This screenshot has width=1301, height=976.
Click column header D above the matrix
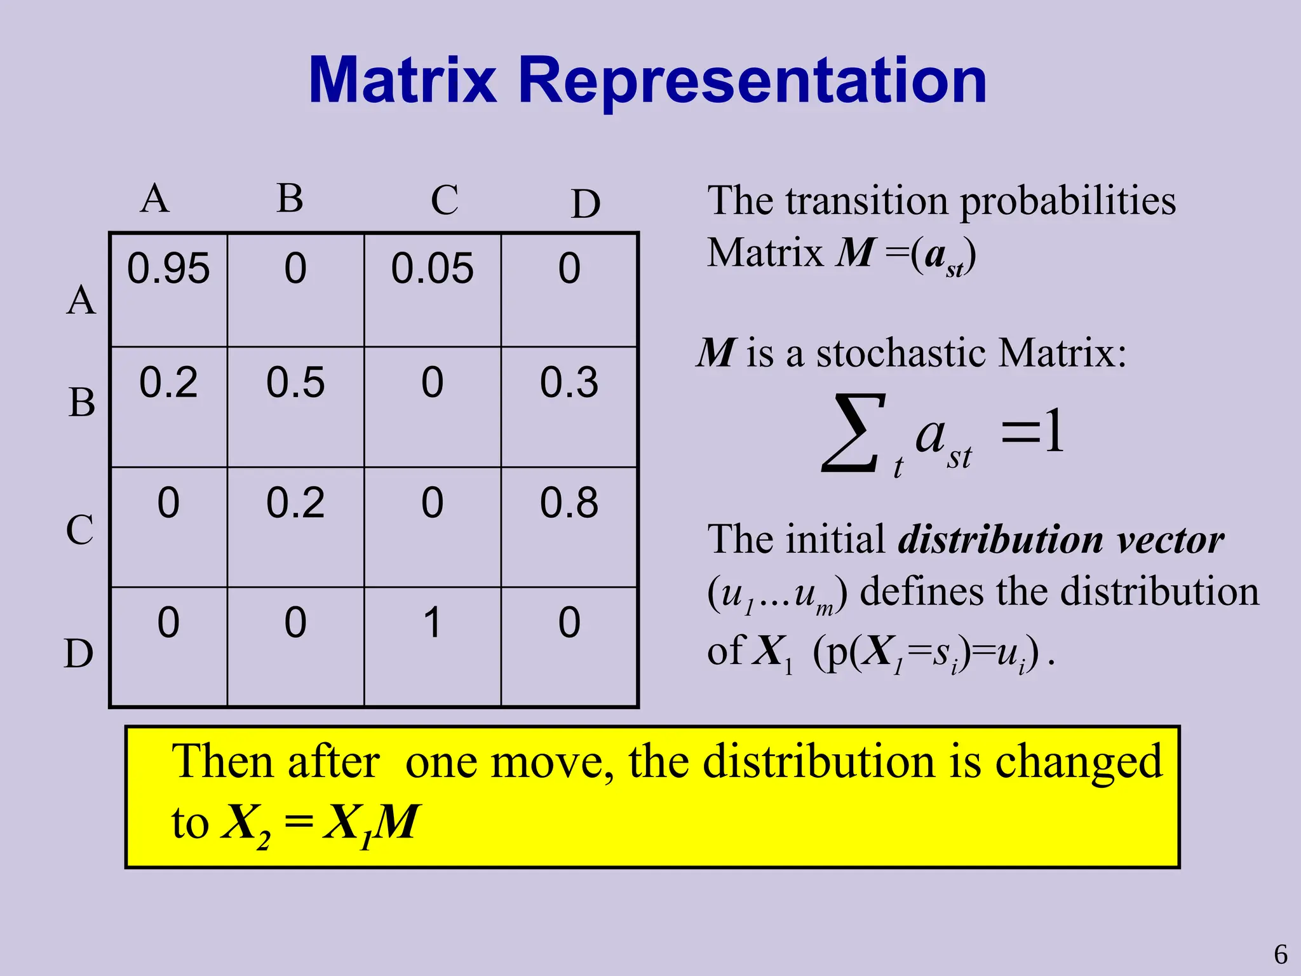(585, 205)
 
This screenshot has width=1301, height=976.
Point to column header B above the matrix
(290, 198)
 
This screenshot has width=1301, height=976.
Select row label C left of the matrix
(80, 529)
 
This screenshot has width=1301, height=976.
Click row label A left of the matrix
(81, 300)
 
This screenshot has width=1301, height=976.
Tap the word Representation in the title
(752, 81)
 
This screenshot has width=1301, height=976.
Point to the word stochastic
(901, 353)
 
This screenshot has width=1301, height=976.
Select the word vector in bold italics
(1170, 540)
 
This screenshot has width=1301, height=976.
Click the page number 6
(1281, 955)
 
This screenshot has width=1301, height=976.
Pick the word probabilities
(1067, 202)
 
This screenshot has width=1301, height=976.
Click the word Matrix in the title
(402, 81)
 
